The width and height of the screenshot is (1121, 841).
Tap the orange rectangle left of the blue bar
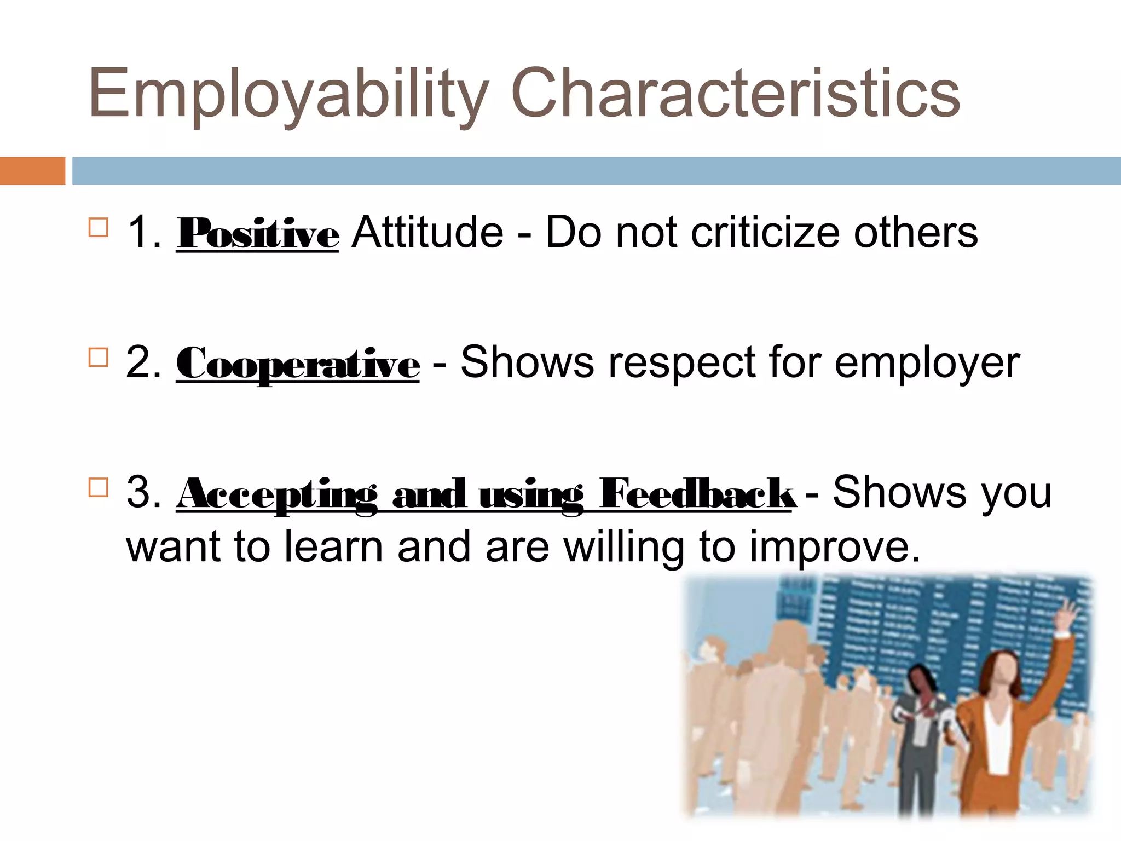(32, 171)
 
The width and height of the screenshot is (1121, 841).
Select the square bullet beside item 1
(98, 227)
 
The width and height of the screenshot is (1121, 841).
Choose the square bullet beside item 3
(98, 487)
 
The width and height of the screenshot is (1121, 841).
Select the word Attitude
(427, 233)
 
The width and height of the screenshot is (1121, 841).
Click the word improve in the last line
(835, 548)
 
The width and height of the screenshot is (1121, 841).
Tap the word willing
(624, 548)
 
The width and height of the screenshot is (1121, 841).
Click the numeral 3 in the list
(140, 492)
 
